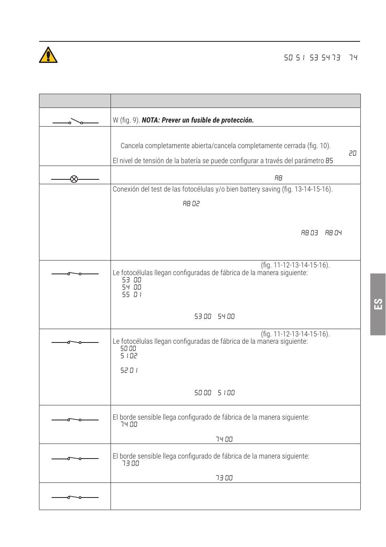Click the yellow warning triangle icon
point(48,55)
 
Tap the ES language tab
point(378,304)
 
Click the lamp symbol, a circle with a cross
point(74,179)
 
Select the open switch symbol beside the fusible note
point(75,121)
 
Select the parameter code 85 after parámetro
point(329,161)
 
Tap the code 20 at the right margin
point(352,153)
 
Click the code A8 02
point(191,204)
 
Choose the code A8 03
point(309,233)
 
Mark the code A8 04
point(333,233)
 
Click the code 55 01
point(132,295)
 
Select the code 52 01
point(129,370)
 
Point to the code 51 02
point(129,356)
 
